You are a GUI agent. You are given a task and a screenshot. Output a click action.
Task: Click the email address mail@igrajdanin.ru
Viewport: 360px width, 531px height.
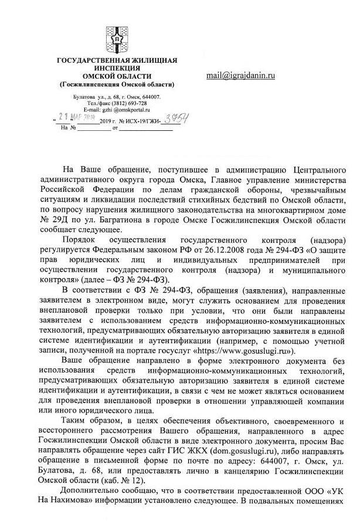240,76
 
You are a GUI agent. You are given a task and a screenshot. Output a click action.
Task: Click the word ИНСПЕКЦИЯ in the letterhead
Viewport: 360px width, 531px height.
117,69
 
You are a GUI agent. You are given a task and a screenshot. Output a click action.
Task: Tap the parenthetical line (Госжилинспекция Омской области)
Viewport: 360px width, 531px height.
117,84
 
